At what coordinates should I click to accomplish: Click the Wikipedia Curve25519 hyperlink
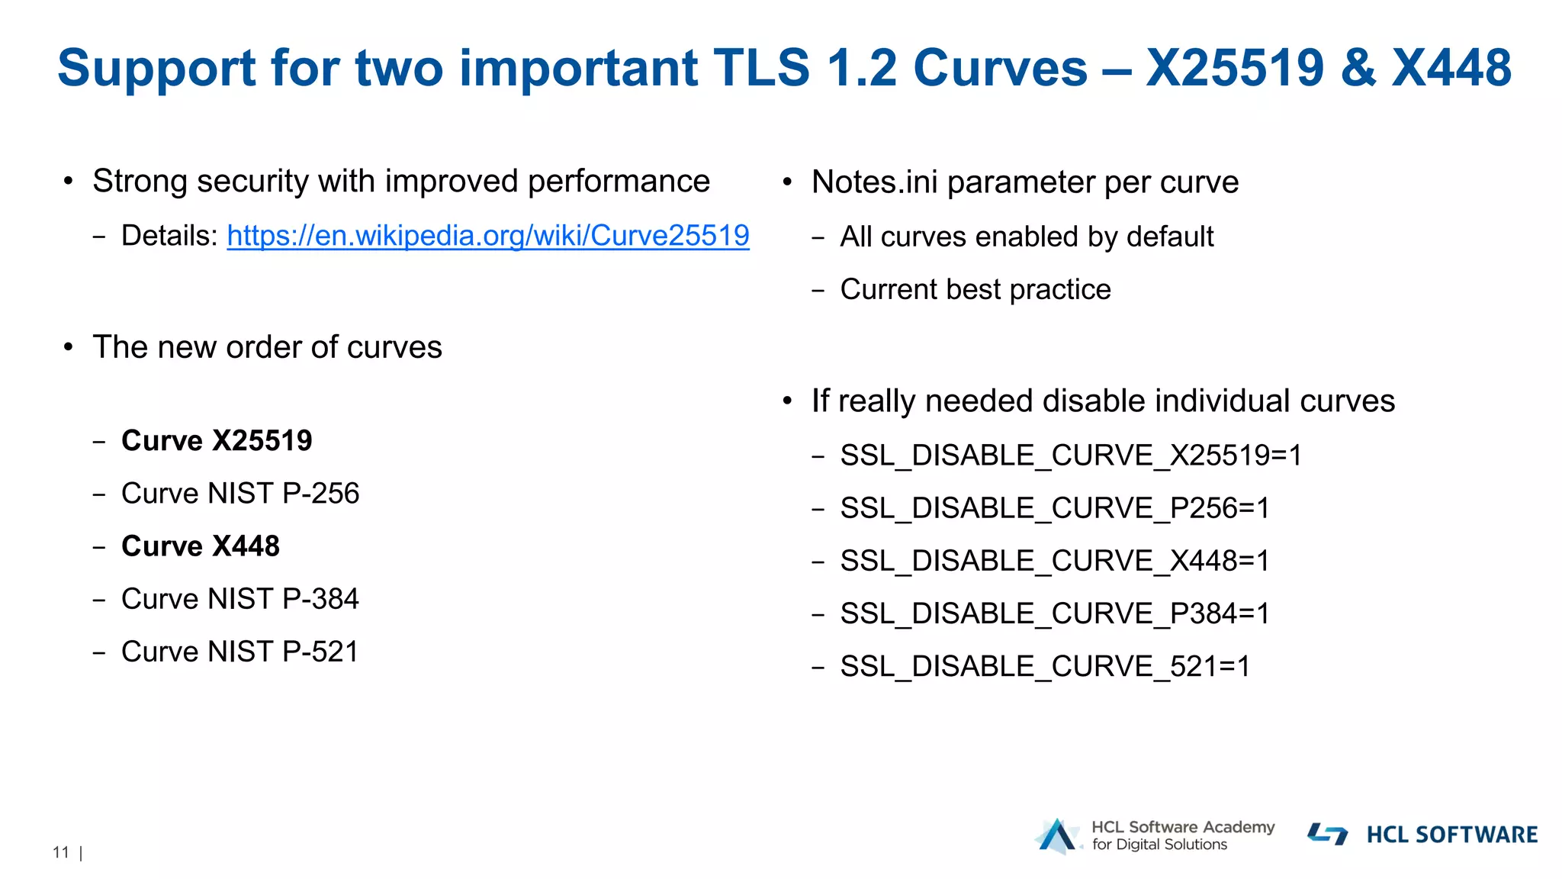tap(488, 236)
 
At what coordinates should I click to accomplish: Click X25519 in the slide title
tap(1234, 68)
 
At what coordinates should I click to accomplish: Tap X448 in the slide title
tap(1451, 68)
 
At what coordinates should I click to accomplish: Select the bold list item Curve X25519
tap(217, 441)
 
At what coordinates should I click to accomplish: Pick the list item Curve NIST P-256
tap(239, 494)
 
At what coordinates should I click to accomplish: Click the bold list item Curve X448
tap(201, 546)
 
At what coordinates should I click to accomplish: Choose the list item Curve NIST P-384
tap(239, 599)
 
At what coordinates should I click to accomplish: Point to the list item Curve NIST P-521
tap(239, 652)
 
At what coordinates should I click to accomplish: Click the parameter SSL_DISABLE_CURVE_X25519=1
tap(1071, 456)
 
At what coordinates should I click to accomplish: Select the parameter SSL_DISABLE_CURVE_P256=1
tap(1055, 508)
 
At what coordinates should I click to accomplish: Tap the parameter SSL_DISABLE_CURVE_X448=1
tap(1055, 561)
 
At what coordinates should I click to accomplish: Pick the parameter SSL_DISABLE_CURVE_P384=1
tap(1055, 613)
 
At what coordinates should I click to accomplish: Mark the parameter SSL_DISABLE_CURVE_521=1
tap(1045, 666)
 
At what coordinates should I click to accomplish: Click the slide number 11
tap(61, 852)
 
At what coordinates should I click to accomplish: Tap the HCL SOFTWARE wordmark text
tap(1451, 835)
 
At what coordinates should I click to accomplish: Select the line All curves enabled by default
tap(1027, 237)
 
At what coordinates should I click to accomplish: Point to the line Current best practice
tap(975, 290)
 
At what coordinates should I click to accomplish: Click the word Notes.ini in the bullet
tap(874, 182)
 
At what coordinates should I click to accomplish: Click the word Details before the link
tap(169, 236)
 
